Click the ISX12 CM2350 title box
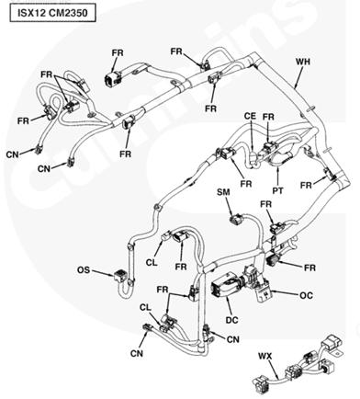(x=53, y=14)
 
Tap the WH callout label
(x=303, y=62)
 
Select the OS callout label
(x=84, y=270)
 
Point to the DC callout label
(x=232, y=320)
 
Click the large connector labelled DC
(x=226, y=286)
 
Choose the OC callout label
(x=306, y=295)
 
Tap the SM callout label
(x=223, y=192)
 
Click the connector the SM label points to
(x=237, y=220)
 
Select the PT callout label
(x=278, y=190)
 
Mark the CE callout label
(x=250, y=116)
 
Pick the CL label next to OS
(x=152, y=263)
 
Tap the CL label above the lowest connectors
(x=145, y=307)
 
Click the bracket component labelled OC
(x=263, y=291)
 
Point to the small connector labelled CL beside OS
(x=166, y=235)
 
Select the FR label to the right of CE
(x=268, y=117)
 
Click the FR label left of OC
(x=163, y=290)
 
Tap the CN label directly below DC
(x=233, y=339)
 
